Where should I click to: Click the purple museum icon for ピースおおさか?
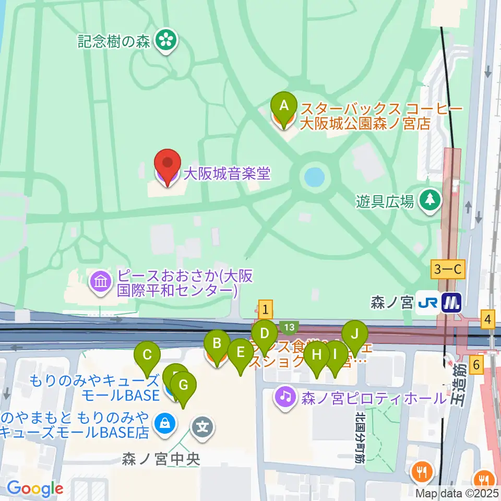click(x=101, y=282)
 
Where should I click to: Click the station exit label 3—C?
click(x=448, y=270)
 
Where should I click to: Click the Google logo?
click(x=35, y=488)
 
